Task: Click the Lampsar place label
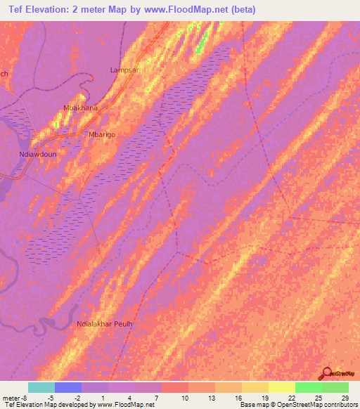pyautogui.click(x=125, y=70)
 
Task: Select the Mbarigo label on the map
pyautogui.click(x=100, y=134)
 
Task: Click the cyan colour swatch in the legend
pyautogui.click(x=41, y=387)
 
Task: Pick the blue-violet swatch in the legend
pyautogui.click(x=67, y=387)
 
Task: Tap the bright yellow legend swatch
pyautogui.click(x=281, y=387)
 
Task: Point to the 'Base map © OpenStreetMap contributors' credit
pyautogui.click(x=298, y=405)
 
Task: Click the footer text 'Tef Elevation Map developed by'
pyautogui.click(x=48, y=405)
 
